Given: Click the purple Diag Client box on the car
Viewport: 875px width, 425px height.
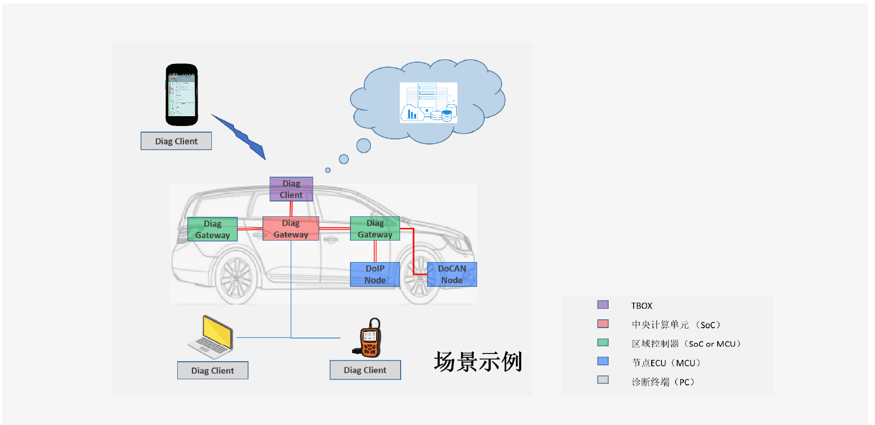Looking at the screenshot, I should (x=291, y=189).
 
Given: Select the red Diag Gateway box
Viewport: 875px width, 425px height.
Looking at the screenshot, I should (x=291, y=228).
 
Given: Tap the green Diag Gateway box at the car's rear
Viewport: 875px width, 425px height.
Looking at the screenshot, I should (x=212, y=229).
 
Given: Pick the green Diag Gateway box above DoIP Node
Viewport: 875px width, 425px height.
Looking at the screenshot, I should (x=375, y=228).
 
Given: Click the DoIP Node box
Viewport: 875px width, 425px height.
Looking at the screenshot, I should (x=375, y=274).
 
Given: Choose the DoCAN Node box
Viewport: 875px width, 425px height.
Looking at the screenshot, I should (x=452, y=274).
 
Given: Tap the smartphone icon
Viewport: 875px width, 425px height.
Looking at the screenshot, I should (x=182, y=95).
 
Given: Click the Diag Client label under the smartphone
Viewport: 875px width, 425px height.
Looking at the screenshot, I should (x=176, y=141).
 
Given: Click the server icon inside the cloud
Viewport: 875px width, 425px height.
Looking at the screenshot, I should (x=428, y=102).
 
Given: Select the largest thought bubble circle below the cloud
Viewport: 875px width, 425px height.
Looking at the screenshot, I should (x=363, y=145).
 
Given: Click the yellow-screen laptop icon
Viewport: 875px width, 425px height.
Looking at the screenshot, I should (x=211, y=336).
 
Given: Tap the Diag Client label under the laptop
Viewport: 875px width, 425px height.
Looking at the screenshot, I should (x=212, y=370).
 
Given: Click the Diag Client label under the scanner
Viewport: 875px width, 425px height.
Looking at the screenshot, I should (x=365, y=370).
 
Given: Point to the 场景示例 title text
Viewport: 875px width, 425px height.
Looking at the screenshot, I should (x=478, y=362).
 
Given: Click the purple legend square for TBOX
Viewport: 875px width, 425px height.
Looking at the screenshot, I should (x=603, y=304).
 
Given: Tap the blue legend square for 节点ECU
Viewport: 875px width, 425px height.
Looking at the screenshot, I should (x=603, y=361).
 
